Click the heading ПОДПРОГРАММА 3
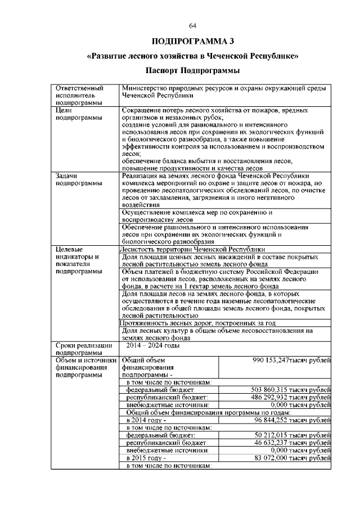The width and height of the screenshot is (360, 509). [192, 42]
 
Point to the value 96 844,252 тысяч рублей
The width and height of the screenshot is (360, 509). [292, 420]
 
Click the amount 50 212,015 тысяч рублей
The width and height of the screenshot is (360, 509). [292, 435]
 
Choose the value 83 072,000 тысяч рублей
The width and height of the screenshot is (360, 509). [292, 458]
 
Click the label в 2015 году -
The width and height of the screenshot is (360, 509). [147, 458]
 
